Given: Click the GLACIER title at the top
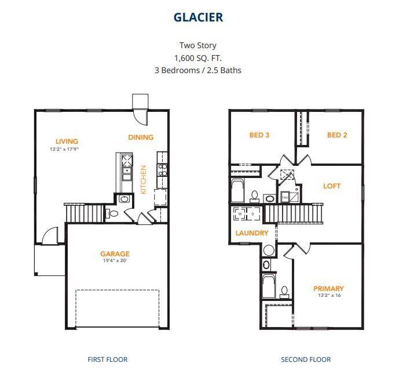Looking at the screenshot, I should point(198,17).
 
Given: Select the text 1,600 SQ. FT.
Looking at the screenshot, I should point(198,58).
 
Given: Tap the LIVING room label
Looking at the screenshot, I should point(67,141).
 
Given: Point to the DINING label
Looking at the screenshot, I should point(141,137).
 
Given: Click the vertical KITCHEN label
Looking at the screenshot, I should point(144,179).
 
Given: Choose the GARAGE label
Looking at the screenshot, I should point(115,253).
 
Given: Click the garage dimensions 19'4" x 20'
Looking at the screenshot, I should point(115,261).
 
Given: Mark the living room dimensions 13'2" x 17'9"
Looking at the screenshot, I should point(64,149).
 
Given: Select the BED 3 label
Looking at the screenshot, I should point(259,135).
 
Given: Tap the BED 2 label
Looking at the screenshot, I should point(337,135).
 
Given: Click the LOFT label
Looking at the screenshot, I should point(332,186).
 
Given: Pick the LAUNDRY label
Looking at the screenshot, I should point(252,233).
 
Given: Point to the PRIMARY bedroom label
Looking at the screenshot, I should point(328,288).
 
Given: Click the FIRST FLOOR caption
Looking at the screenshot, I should point(107,360).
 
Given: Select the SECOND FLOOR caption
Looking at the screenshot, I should point(306,360).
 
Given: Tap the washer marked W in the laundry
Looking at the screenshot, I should point(241,214).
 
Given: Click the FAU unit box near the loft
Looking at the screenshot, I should point(285,197).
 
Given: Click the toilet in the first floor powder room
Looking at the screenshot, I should point(113,214).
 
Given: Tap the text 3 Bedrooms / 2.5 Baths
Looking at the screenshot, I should point(198,70).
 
